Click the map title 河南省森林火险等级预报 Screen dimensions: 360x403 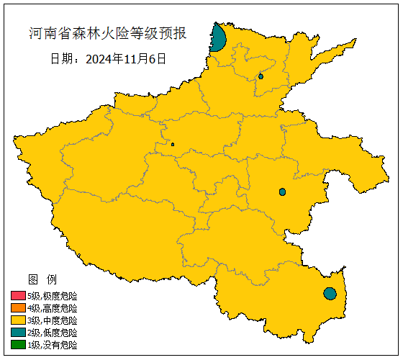[107, 33]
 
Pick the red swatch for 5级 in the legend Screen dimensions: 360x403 [18, 296]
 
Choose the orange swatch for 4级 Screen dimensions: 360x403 [18, 308]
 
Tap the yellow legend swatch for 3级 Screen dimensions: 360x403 [18, 320]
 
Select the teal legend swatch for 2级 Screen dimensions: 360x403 [18, 333]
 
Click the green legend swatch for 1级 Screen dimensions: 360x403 [18, 345]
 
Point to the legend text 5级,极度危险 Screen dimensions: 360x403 [53, 296]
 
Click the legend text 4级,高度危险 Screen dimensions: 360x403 [53, 308]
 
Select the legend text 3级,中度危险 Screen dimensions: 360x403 [53, 320]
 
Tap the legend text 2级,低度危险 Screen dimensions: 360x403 [53, 333]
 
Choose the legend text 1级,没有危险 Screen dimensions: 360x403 [53, 345]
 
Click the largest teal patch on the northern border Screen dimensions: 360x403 [219, 39]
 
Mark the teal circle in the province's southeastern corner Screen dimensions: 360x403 [330, 293]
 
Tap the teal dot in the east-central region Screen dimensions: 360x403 [283, 192]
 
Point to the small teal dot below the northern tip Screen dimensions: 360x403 [261, 76]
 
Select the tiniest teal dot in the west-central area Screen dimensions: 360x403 [173, 144]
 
